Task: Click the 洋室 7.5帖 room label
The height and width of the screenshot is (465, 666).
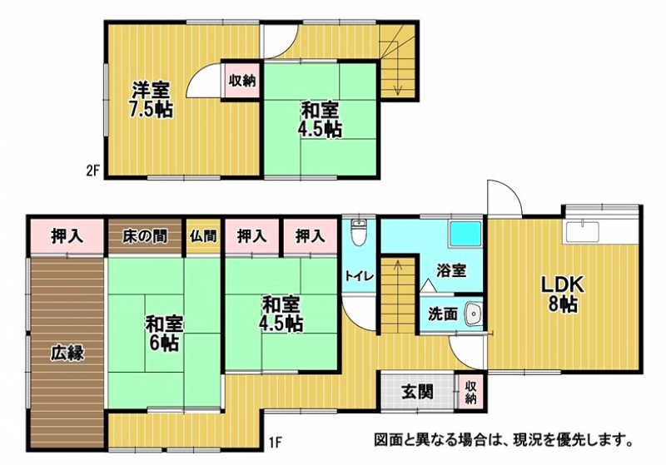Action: click(151, 100)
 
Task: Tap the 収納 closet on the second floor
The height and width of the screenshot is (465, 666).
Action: click(242, 81)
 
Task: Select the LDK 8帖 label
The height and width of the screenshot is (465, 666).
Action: click(563, 294)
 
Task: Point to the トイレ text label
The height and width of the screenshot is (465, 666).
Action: click(360, 276)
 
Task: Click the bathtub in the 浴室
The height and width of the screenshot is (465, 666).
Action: click(465, 235)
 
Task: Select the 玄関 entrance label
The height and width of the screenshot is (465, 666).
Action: click(417, 392)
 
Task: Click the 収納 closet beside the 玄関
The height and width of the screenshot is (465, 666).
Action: click(470, 392)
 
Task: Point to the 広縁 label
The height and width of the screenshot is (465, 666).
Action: click(68, 353)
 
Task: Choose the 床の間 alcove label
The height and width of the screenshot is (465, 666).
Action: click(145, 236)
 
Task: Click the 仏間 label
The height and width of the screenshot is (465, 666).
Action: click(203, 236)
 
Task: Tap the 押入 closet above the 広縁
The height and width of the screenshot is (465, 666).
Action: click(67, 237)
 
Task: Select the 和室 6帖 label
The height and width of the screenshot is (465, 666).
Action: click(164, 334)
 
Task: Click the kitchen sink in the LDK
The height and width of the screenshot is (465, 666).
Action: click(582, 231)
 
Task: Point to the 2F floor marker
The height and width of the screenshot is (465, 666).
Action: click(92, 171)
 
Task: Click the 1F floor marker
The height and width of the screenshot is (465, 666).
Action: click(276, 443)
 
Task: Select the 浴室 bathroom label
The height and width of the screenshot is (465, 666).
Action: click(451, 270)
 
